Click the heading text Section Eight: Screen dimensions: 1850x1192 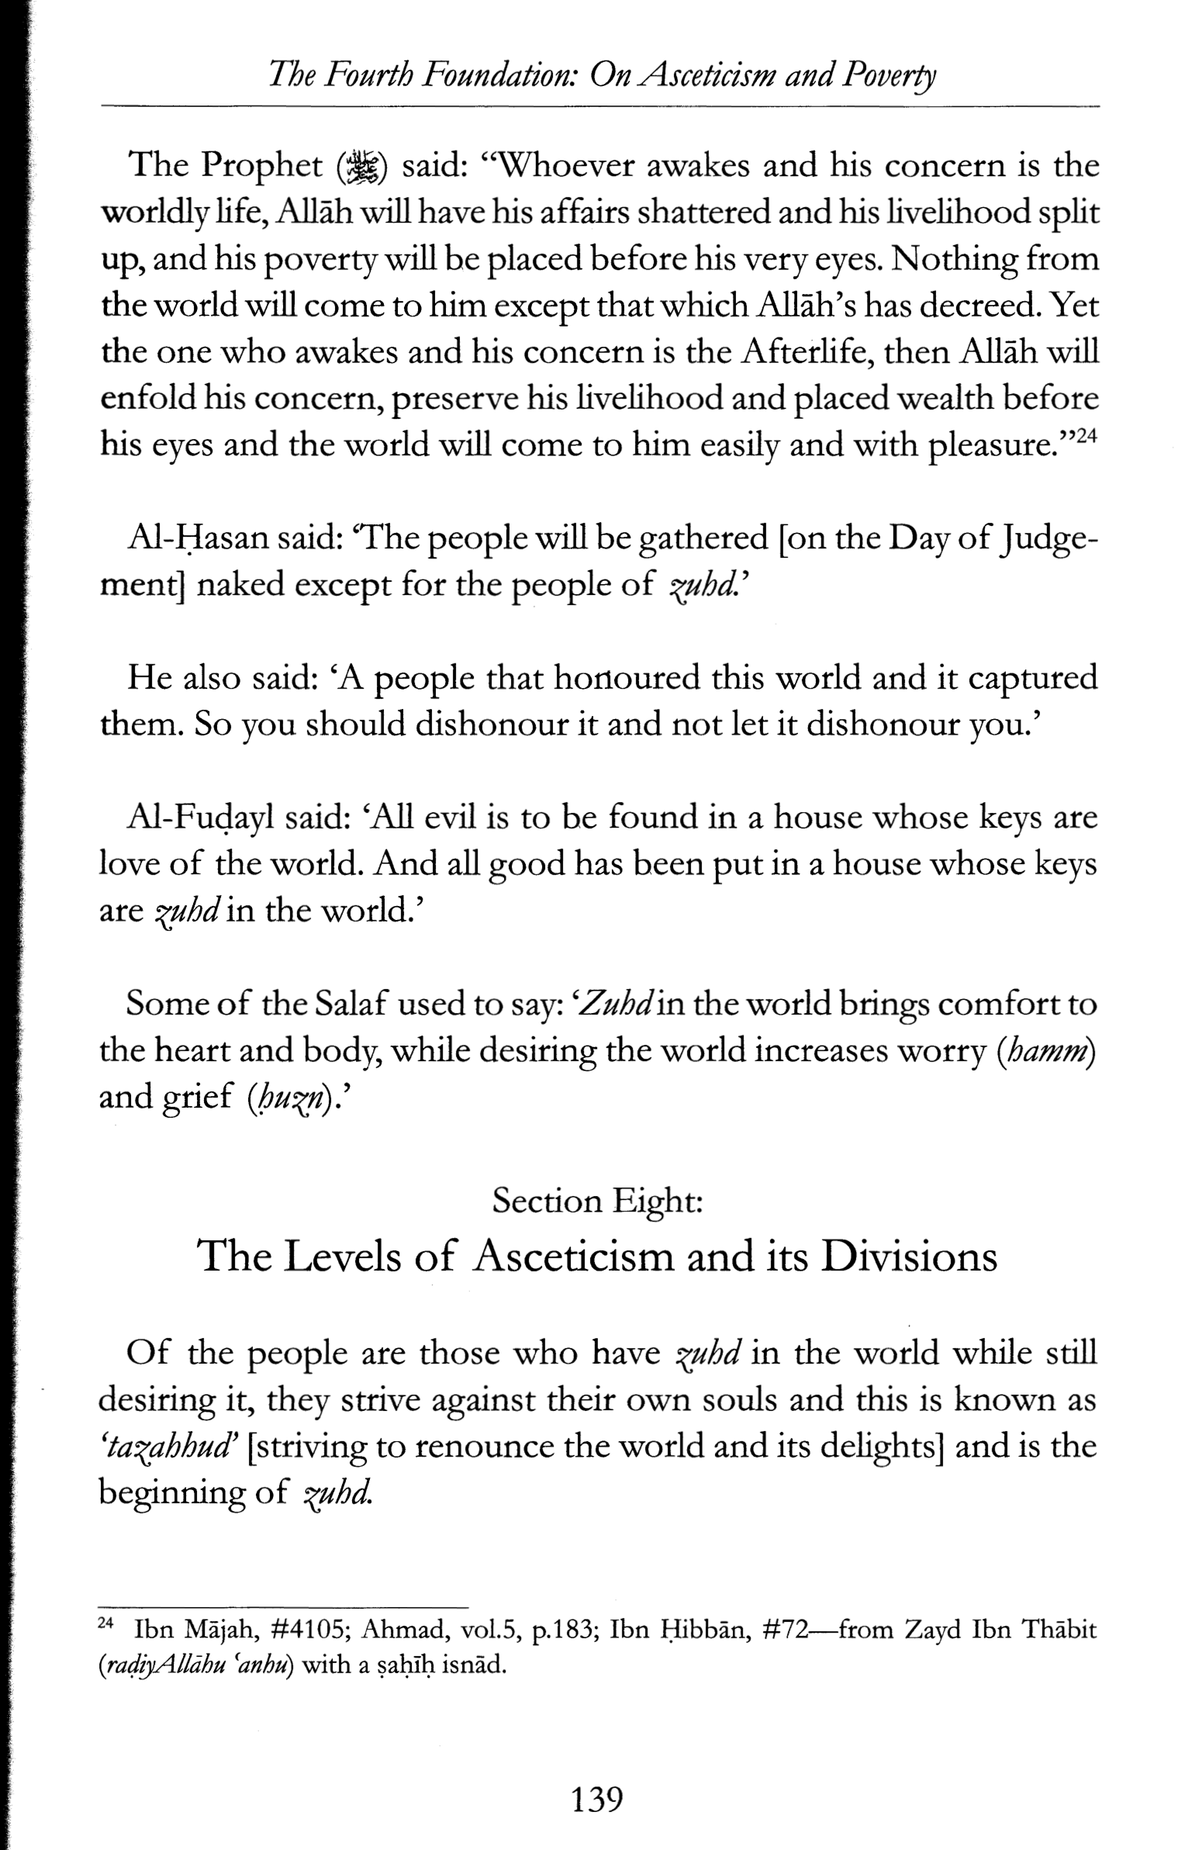(597, 1201)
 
